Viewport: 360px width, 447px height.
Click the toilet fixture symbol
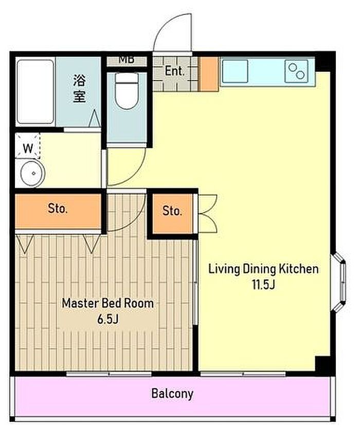(x=127, y=90)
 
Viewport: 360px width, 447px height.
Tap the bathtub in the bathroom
(x=35, y=91)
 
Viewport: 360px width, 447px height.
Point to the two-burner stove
(x=296, y=71)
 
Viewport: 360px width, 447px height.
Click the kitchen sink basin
(x=235, y=71)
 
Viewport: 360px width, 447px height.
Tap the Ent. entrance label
(x=174, y=71)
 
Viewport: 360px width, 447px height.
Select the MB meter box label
(x=127, y=60)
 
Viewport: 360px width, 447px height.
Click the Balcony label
(x=172, y=394)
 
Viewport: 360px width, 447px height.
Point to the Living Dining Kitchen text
(x=264, y=269)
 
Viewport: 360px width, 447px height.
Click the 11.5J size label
(x=263, y=285)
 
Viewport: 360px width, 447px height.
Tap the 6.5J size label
(x=108, y=320)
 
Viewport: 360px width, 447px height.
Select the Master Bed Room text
(x=108, y=303)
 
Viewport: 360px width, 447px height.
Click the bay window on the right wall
(x=339, y=282)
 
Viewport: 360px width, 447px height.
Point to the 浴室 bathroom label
(x=79, y=88)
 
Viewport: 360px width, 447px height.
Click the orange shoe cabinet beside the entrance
(x=209, y=74)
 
